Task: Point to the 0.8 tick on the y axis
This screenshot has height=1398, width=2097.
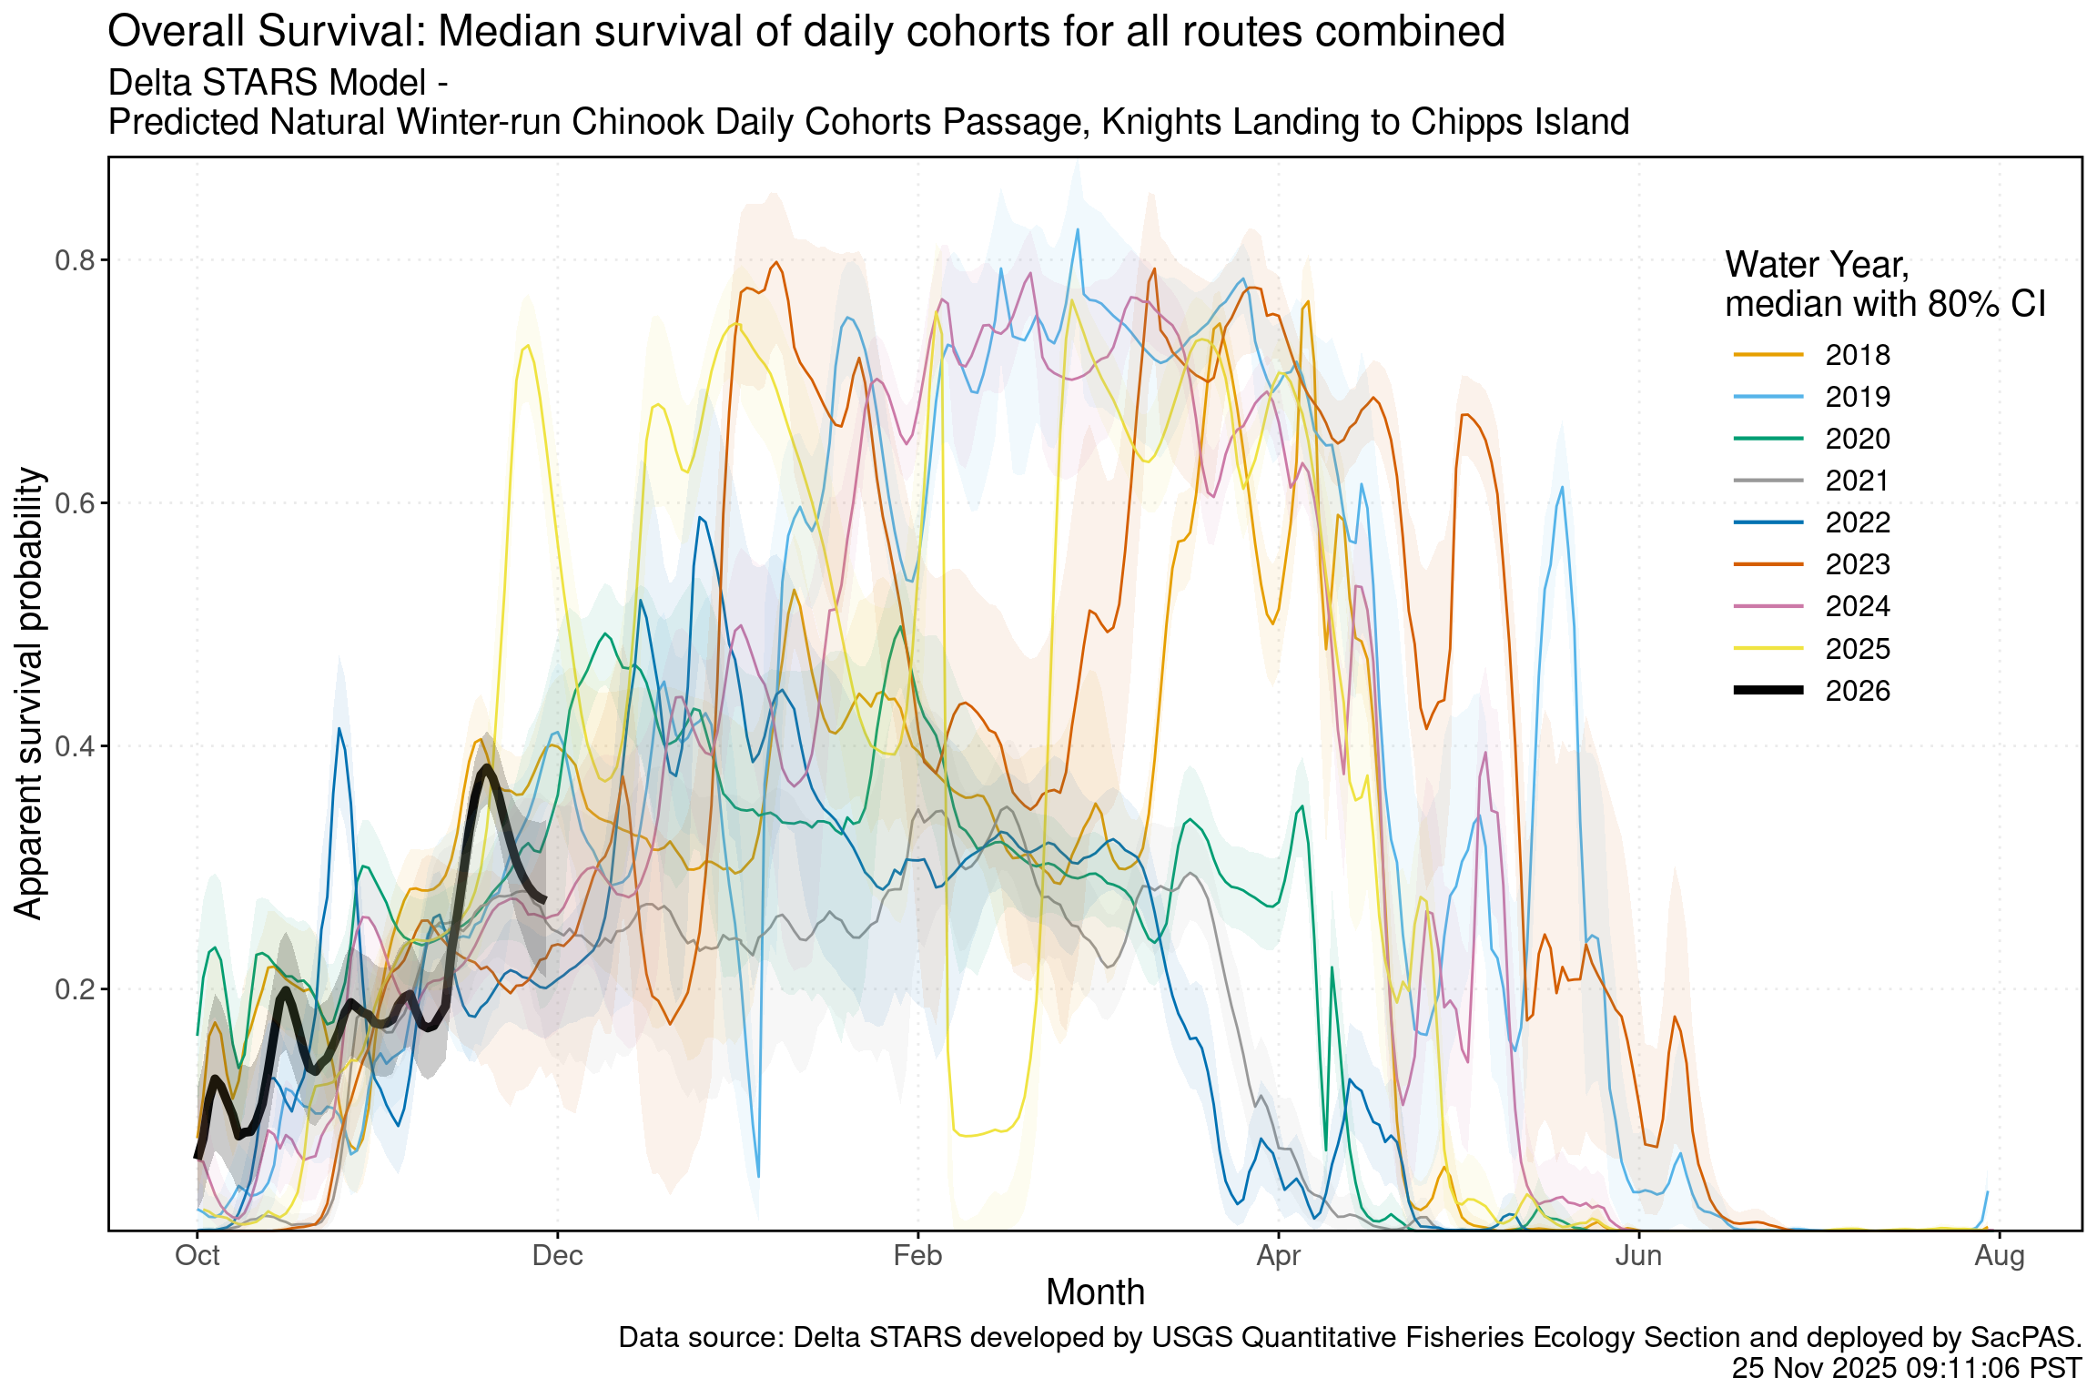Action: tap(75, 261)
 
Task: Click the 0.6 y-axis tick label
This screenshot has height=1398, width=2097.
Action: tap(75, 503)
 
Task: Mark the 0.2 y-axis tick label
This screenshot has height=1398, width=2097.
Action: tap(75, 989)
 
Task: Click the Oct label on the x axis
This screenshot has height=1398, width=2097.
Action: tap(198, 1256)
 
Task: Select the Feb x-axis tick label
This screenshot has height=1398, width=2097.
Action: tap(917, 1256)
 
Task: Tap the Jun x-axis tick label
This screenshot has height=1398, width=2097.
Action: tap(1638, 1256)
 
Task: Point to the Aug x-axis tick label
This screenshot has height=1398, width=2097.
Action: tap(2000, 1256)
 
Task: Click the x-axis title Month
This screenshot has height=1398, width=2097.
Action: tap(1095, 1292)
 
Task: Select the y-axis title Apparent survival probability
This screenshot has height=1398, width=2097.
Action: tap(29, 694)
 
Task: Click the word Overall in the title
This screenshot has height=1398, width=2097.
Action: tap(177, 33)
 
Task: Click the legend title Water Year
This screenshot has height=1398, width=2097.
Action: tap(1817, 265)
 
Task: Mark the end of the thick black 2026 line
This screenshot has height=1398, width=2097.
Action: tap(544, 900)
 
